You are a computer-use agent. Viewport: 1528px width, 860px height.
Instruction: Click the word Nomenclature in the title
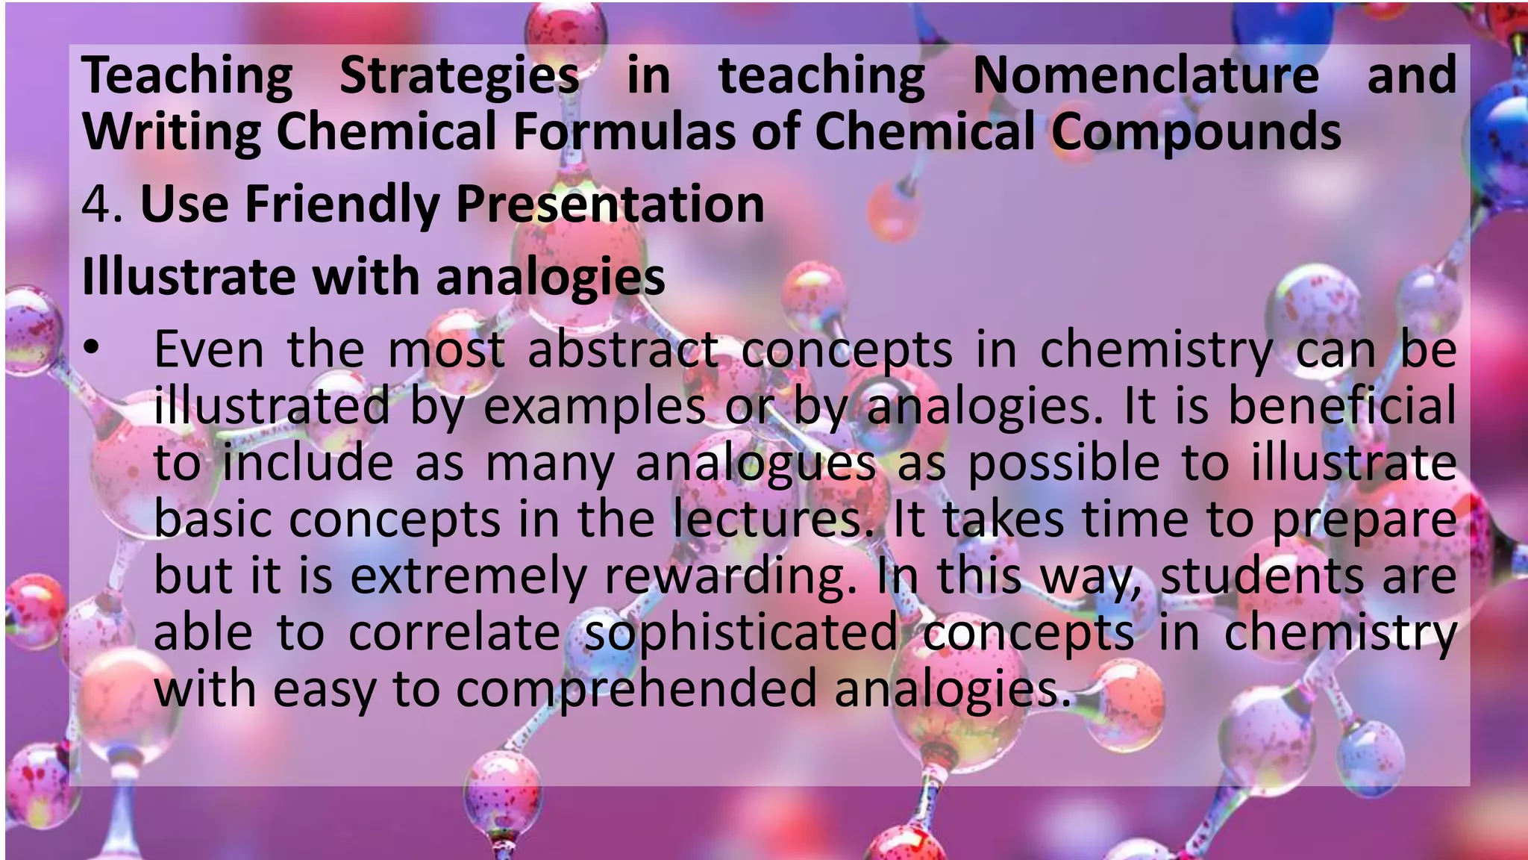(x=1146, y=75)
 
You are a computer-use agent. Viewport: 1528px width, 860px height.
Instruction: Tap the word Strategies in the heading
(x=460, y=77)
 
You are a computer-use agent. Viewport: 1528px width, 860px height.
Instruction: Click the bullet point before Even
(x=91, y=348)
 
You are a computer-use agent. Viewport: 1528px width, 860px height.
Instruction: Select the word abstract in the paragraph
(x=623, y=349)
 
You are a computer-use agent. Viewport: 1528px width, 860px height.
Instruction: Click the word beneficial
(x=1341, y=405)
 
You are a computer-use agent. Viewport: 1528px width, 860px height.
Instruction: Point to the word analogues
(x=755, y=464)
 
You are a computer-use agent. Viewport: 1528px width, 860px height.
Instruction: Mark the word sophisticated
(x=740, y=634)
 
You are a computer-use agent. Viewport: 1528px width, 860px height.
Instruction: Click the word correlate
(x=454, y=632)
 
